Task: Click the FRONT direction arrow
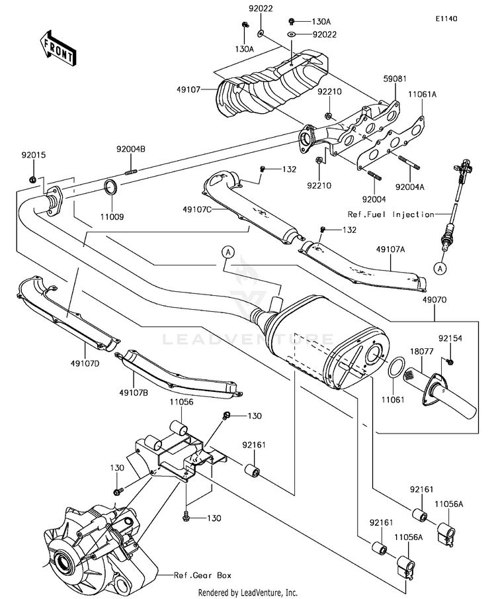click(57, 48)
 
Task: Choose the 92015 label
click(31, 156)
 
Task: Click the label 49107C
click(197, 210)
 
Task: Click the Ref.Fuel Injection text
click(392, 214)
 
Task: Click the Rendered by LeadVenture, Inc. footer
click(248, 592)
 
